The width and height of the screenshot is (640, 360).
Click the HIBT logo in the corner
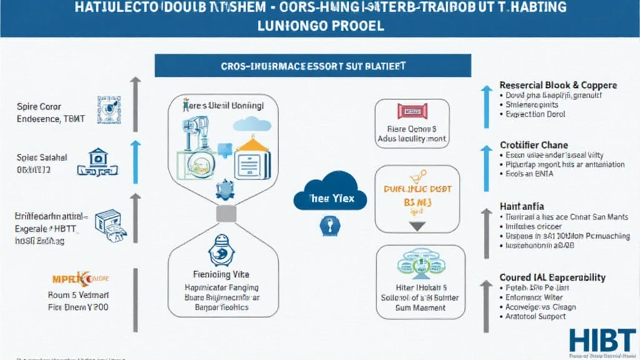pyautogui.click(x=601, y=341)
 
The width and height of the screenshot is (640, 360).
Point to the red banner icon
pyautogui.click(x=412, y=111)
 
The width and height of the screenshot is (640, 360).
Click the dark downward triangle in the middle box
pyautogui.click(x=417, y=226)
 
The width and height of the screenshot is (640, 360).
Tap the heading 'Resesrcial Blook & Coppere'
pyautogui.click(x=558, y=85)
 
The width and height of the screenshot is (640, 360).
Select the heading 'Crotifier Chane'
pyautogui.click(x=534, y=145)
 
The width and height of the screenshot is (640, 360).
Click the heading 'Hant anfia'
pyautogui.click(x=522, y=206)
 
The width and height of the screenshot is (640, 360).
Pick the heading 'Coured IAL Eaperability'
pyautogui.click(x=552, y=277)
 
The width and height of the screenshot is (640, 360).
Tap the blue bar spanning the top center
pyautogui.click(x=312, y=66)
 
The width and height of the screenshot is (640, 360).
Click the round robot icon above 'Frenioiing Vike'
pyautogui.click(x=224, y=250)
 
